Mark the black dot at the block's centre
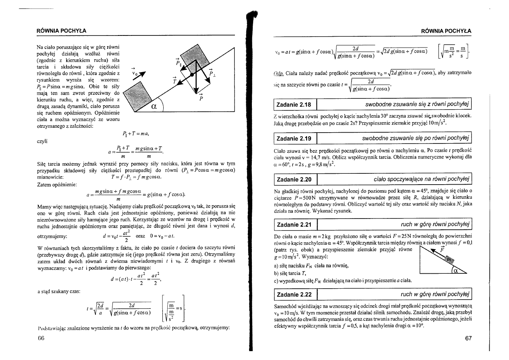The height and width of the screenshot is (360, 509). point(193,74)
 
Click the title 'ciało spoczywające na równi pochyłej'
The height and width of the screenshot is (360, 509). point(422,179)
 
